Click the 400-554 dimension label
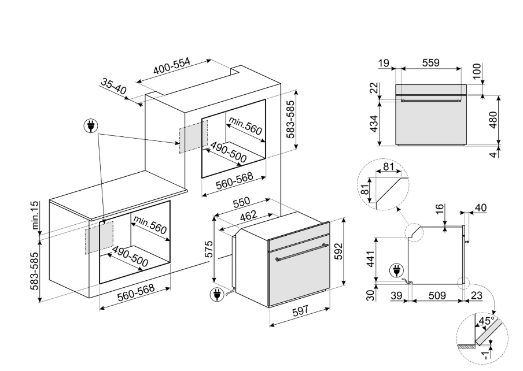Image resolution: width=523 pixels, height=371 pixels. tap(171, 66)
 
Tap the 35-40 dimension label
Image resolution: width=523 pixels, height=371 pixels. tap(114, 87)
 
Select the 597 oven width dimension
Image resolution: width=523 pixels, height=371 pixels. tap(300, 311)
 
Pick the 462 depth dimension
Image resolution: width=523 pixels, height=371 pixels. tap(249, 216)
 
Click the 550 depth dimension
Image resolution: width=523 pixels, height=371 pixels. tap(241, 202)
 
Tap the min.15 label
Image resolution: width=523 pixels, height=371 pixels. tap(35, 215)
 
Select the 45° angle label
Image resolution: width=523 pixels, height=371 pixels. tap(487, 321)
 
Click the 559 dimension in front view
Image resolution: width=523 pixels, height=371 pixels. tap(430, 62)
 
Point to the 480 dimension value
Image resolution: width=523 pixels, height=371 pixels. tap(493, 120)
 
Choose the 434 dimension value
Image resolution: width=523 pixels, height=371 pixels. tap(375, 124)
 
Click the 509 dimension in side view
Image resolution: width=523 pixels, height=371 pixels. tap(437, 295)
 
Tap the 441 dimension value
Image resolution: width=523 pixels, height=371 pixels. tap(371, 259)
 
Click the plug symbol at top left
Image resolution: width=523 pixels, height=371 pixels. tap(90, 126)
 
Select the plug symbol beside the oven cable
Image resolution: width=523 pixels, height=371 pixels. tap(217, 295)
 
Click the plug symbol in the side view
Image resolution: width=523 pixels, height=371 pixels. tap(396, 270)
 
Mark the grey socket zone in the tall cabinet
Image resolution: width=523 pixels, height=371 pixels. tap(193, 136)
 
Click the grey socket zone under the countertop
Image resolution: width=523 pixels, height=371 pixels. tap(99, 238)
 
